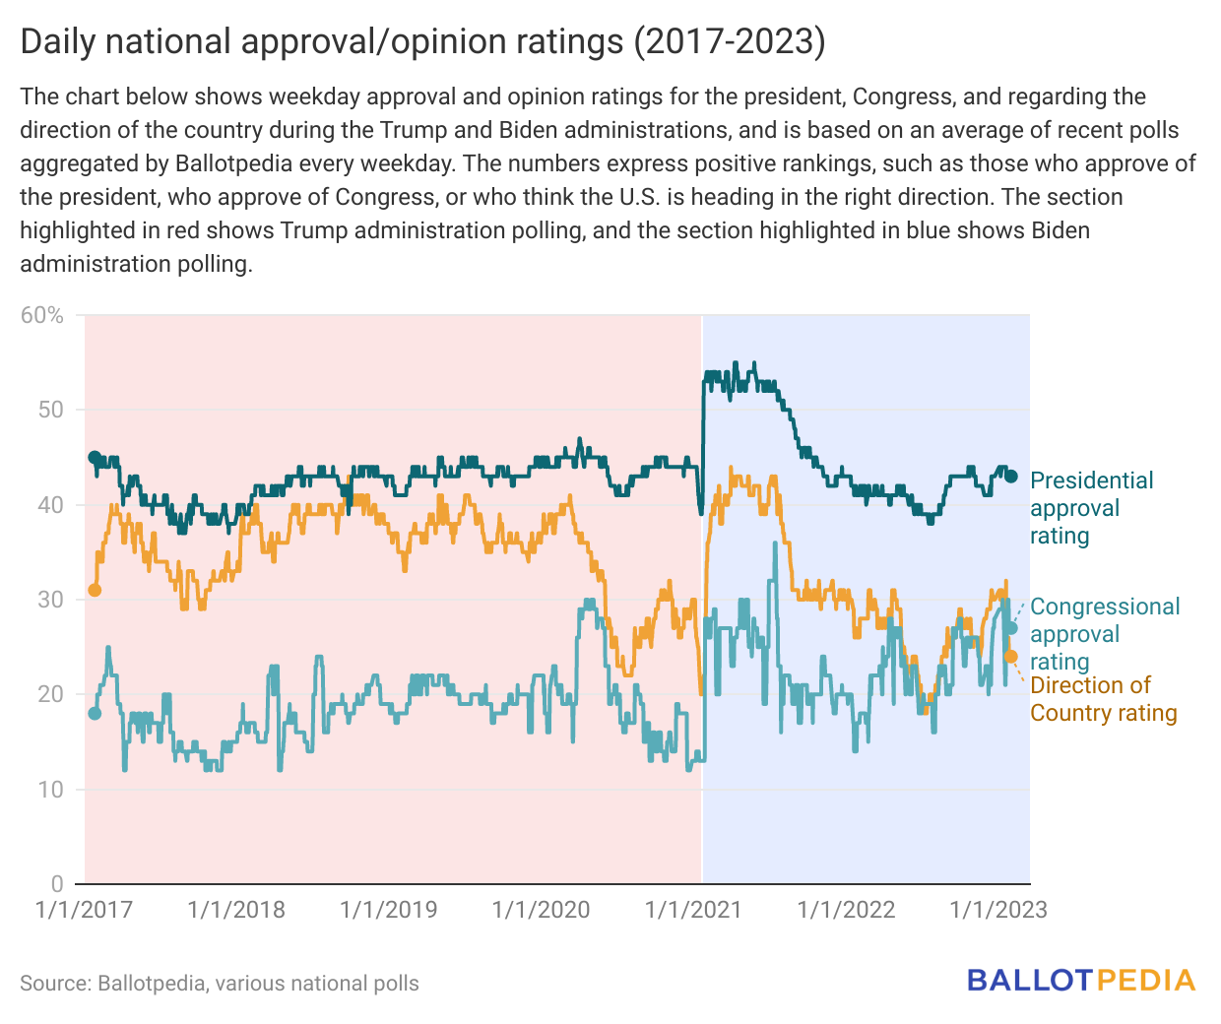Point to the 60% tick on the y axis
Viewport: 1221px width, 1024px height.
coord(42,315)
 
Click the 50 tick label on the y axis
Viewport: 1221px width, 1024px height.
coord(50,410)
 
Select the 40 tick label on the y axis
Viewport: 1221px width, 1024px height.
coord(50,505)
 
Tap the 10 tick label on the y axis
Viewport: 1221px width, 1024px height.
coord(50,790)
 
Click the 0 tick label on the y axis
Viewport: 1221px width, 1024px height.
coord(57,883)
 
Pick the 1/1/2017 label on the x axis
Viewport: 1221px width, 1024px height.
coord(84,909)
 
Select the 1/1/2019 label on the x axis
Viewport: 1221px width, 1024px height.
coord(388,909)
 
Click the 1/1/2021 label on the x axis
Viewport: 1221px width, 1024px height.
coord(693,909)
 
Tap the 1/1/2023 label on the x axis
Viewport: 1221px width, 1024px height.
coord(997,909)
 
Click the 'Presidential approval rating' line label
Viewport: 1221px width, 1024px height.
coord(1091,508)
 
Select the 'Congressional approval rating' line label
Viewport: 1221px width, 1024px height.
coord(1104,634)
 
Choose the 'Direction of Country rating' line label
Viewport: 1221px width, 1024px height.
coord(1103,699)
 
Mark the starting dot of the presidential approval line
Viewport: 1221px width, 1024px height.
coord(95,457)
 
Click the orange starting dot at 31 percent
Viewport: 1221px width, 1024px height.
coord(95,590)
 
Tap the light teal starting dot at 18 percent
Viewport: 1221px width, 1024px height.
coord(95,713)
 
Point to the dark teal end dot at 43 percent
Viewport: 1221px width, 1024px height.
coord(1010,477)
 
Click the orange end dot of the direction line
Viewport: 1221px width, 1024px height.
coord(1010,657)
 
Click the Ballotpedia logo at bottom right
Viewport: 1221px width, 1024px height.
coord(1080,981)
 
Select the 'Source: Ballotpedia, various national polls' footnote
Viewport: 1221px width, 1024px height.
coord(220,983)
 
